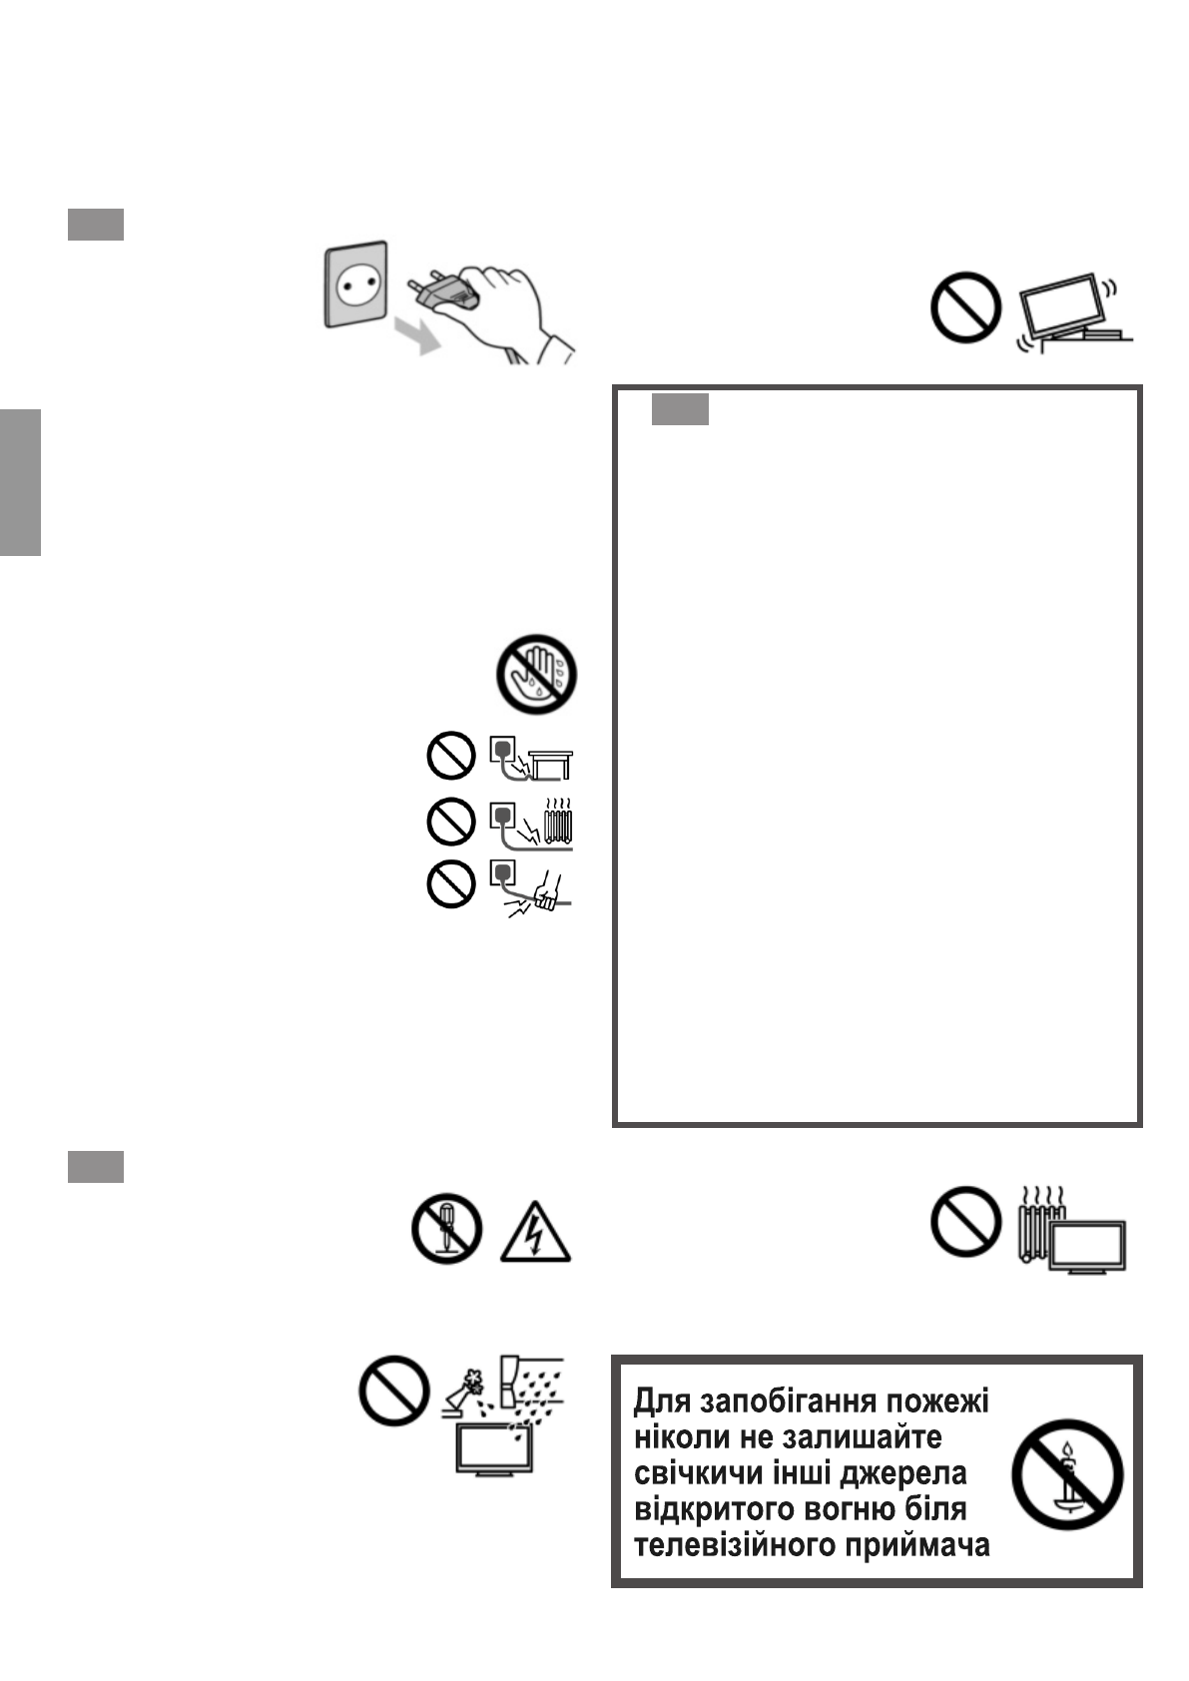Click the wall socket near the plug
click(355, 284)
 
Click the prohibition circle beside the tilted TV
click(965, 307)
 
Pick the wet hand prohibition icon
click(537, 673)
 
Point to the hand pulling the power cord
click(548, 889)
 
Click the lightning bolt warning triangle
click(535, 1234)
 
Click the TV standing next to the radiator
click(1091, 1246)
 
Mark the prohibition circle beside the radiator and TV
click(965, 1221)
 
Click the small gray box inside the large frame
click(680, 409)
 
